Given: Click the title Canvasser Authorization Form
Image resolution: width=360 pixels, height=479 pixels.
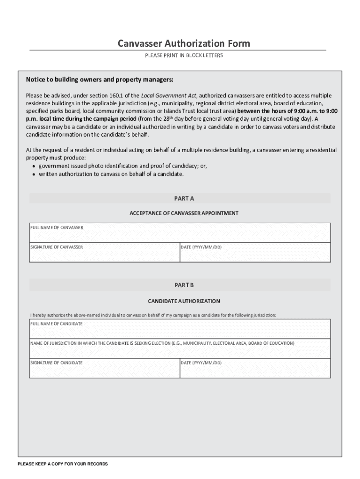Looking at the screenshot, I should pyautogui.click(x=184, y=44).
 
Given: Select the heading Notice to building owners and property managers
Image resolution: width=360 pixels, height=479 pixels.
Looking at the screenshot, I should pyautogui.click(x=100, y=79).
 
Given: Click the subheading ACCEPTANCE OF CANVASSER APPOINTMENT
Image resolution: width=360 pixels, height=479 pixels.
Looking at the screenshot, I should pyautogui.click(x=184, y=213).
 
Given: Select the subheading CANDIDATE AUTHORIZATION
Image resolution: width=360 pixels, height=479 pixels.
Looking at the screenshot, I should pyautogui.click(x=184, y=301).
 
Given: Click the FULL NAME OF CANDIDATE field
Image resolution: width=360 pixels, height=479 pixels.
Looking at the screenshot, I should pyautogui.click(x=180, y=330).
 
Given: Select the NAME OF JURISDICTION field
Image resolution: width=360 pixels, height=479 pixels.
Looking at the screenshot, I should pyautogui.click(x=180, y=350).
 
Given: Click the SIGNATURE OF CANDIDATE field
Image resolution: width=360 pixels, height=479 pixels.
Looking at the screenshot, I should pyautogui.click(x=104, y=370).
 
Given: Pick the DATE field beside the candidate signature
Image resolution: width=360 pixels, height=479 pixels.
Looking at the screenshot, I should pyautogui.click(x=255, y=370).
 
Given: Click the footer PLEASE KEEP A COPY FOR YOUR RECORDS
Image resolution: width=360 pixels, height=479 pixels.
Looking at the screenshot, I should pyautogui.click(x=63, y=464).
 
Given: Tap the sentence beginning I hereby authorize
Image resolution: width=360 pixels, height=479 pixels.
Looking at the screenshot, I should pyautogui.click(x=153, y=315).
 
